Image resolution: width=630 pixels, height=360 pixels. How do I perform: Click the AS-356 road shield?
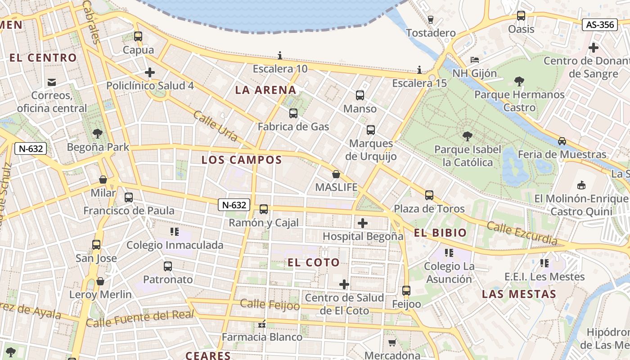pos(600,24)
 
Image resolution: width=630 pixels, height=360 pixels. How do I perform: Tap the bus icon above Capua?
pos(138,36)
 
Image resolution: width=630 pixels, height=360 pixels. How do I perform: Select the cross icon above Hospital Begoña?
pos(362,223)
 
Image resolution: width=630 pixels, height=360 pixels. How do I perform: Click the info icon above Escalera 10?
pos(280,55)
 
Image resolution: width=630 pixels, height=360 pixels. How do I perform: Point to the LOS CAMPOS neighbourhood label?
pos(242,160)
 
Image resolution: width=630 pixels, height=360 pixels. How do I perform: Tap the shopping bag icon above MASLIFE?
pos(336,174)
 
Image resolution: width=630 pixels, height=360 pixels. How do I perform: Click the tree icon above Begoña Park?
pos(97,134)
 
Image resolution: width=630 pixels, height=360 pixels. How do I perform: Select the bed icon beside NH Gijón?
pos(474,59)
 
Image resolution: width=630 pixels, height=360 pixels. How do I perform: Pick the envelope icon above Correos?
pos(52,82)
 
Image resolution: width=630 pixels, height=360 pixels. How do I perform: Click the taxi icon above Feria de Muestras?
pos(562,141)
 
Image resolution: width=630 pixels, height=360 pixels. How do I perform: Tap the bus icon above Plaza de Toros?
pos(429,195)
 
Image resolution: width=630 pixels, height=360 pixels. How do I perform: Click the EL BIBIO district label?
pos(440,233)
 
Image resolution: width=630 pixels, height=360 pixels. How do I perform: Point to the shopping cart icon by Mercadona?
pos(392,342)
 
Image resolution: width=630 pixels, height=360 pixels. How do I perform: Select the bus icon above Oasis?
pos(521,16)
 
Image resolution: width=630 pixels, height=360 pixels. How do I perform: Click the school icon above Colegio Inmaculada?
pos(175,232)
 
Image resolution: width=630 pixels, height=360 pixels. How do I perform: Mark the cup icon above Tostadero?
pos(430,19)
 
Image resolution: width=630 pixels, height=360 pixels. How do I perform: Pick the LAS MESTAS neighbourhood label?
pos(519,294)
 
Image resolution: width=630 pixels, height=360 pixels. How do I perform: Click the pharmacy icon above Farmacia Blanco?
pos(262,324)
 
